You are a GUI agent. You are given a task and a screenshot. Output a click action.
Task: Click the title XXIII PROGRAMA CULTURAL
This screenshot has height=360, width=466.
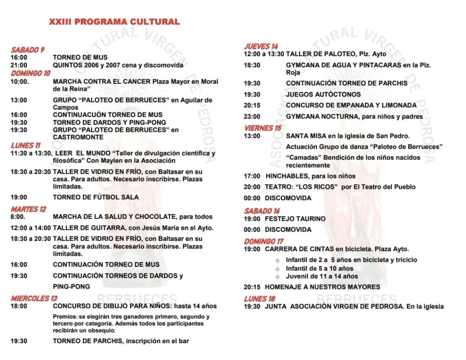point(114,21)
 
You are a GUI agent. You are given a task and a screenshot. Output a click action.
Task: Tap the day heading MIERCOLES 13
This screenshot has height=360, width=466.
point(34,298)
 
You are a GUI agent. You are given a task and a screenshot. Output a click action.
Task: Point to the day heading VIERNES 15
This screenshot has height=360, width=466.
point(263,128)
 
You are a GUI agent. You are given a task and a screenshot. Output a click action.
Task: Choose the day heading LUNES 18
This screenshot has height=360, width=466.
point(259,299)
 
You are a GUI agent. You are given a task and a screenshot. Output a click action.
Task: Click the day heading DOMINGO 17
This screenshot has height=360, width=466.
point(263,241)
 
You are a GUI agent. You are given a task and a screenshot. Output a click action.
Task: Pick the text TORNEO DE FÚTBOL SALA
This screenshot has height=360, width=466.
point(96,197)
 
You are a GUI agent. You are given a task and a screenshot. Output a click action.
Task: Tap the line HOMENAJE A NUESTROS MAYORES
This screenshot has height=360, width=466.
point(322,287)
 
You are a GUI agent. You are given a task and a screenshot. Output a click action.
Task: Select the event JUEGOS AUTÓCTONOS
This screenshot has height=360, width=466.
point(323,94)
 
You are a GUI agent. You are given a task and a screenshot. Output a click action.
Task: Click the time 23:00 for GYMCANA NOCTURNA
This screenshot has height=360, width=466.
point(252,117)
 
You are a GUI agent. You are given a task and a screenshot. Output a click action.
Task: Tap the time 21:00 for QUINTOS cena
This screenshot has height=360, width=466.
point(19,65)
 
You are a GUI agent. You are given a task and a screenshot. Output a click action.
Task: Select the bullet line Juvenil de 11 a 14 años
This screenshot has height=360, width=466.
point(322,276)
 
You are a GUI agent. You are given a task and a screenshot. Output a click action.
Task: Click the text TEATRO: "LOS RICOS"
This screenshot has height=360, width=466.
point(301,187)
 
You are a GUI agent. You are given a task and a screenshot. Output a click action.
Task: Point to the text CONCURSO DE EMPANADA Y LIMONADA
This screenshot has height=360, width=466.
point(351,105)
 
